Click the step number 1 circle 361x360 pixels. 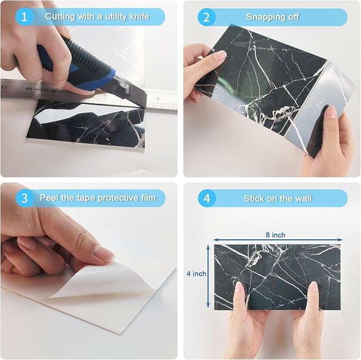pyautogui.click(x=24, y=17)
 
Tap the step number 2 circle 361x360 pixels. pyautogui.click(x=206, y=17)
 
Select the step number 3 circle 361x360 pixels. pyautogui.click(x=24, y=198)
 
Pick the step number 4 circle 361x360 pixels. pyautogui.click(x=207, y=198)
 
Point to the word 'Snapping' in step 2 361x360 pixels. pyautogui.click(x=264, y=17)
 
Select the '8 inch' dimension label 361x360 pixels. pyautogui.click(x=275, y=235)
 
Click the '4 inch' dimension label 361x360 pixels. pyautogui.click(x=196, y=274)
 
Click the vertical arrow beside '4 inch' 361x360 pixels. pyautogui.click(x=208, y=276)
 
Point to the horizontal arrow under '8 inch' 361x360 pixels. pyautogui.click(x=278, y=240)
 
